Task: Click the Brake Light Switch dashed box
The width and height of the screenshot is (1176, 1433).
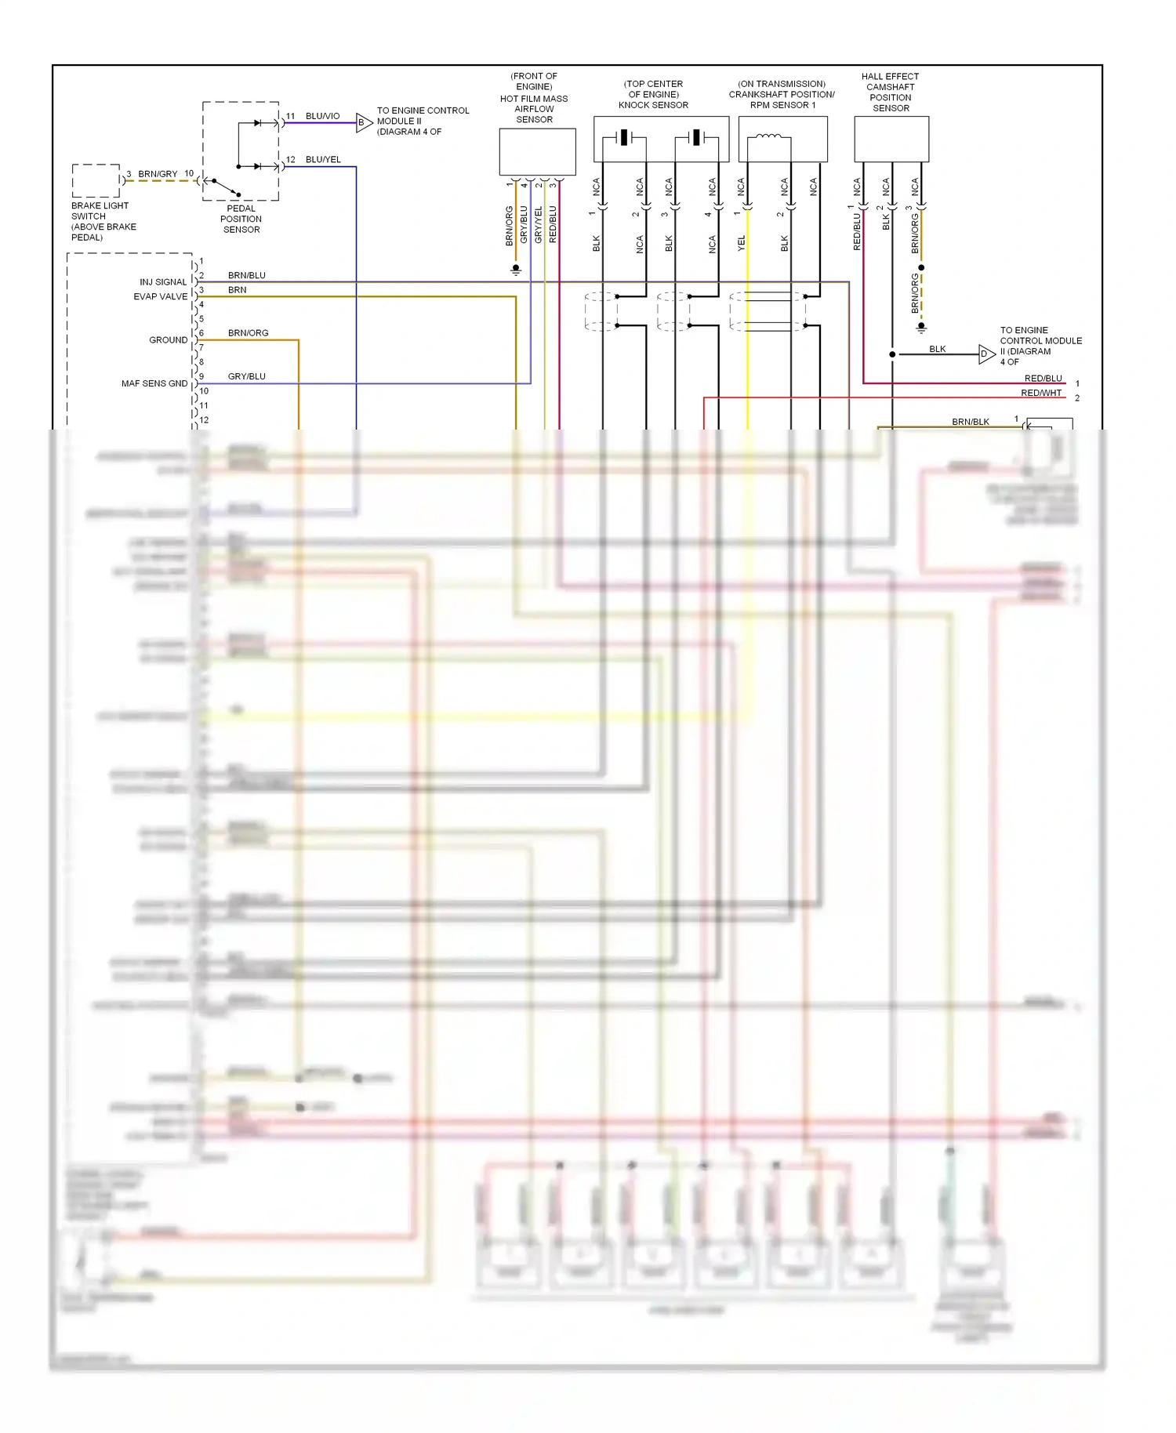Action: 96,181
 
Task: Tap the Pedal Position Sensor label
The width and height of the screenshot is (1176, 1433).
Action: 241,219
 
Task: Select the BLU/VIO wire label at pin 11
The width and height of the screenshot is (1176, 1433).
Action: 322,116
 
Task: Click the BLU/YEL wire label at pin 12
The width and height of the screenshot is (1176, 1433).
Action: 323,159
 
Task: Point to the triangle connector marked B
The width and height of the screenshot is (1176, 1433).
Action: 363,122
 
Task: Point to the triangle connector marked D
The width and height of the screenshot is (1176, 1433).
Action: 985,354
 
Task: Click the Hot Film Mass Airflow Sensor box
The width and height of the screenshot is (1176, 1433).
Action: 537,151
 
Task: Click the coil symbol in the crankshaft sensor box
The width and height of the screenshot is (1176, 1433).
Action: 768,137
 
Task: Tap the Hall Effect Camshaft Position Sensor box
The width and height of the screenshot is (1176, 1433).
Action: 891,139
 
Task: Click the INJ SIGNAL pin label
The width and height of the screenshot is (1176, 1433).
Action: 163,282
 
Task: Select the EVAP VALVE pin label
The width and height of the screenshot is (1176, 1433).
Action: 160,297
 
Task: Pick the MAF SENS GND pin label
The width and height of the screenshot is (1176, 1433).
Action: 154,384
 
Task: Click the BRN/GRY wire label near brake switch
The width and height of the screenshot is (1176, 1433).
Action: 158,174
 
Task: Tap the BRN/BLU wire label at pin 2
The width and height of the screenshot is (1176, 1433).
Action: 246,275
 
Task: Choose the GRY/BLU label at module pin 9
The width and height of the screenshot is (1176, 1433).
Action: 246,376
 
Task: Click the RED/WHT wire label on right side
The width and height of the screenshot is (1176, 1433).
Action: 1040,393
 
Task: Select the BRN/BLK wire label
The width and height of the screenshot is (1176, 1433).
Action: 970,422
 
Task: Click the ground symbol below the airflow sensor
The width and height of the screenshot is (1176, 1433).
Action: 516,270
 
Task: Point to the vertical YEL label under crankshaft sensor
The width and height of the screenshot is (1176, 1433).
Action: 741,243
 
